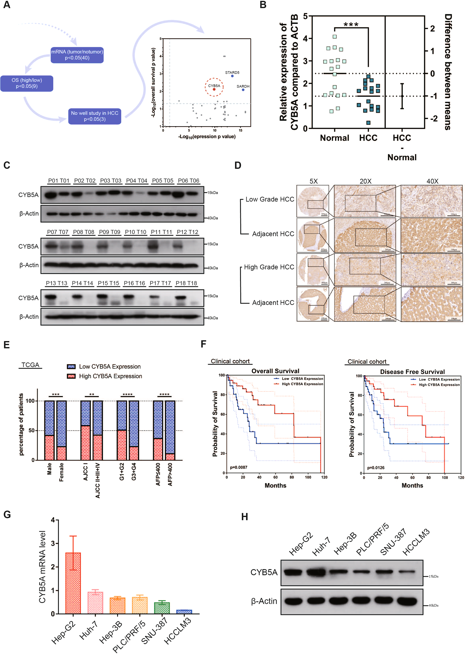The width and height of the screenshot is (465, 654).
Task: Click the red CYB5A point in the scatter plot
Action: [x=214, y=89]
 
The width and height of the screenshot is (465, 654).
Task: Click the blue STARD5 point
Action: [x=232, y=76]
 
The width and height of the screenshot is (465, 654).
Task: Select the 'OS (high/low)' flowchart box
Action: [x=27, y=83]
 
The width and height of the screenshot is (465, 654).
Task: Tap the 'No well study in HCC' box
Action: [x=94, y=116]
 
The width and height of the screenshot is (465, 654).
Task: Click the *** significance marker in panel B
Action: [x=351, y=25]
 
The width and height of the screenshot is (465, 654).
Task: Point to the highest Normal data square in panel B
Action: [x=334, y=37]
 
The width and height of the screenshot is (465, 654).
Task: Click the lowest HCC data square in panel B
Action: [x=368, y=123]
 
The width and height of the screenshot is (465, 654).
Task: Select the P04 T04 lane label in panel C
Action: [x=137, y=181]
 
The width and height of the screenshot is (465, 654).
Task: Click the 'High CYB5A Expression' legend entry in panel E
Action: [x=110, y=376]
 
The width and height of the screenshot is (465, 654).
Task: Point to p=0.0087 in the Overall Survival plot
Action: [x=238, y=467]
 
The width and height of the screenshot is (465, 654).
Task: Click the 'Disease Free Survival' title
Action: [x=412, y=372]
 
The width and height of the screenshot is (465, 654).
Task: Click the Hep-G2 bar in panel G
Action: [x=73, y=583]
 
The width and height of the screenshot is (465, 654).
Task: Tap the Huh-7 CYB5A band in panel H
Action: [x=316, y=573]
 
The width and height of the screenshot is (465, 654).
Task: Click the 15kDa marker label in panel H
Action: [x=433, y=576]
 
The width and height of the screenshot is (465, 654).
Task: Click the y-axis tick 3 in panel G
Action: [x=53, y=544]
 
